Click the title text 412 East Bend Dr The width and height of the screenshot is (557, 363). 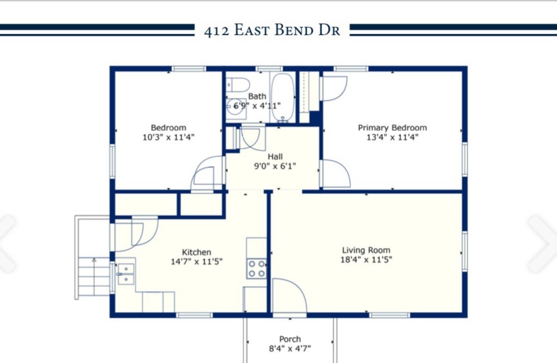[272, 31]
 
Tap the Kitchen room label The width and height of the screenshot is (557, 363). [196, 252]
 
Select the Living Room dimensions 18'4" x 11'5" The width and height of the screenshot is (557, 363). [367, 260]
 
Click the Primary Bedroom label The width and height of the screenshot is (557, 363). [392, 128]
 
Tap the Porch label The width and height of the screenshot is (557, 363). [290, 339]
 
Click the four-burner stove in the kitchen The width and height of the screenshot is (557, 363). [257, 267]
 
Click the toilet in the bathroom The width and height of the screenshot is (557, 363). [238, 85]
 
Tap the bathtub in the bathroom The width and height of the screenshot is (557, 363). [282, 97]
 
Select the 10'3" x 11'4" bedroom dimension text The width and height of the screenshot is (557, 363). [168, 138]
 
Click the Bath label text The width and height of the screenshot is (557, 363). [257, 97]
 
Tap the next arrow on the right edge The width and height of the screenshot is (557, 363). [542, 243]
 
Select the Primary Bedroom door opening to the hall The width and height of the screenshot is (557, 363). [335, 174]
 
